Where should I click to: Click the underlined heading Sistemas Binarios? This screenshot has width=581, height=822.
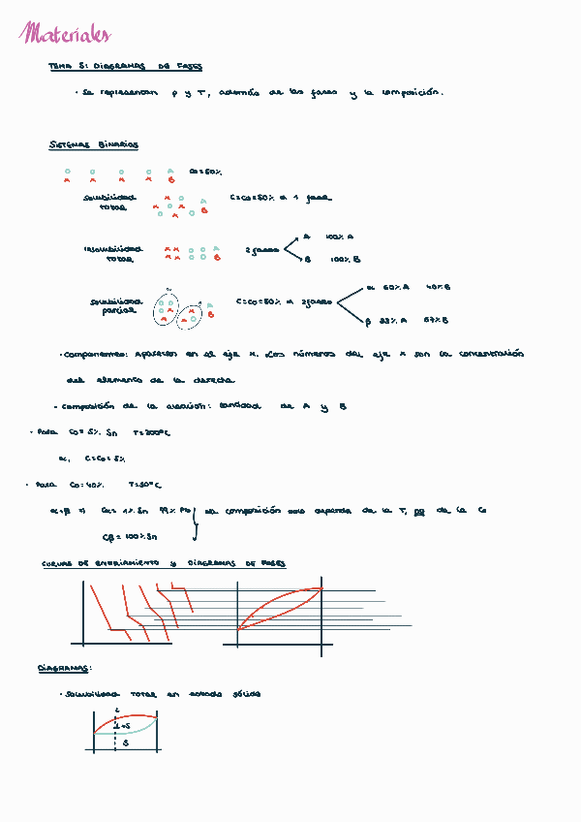pyautogui.click(x=94, y=145)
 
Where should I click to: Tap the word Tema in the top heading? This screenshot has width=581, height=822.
pyautogui.click(x=59, y=68)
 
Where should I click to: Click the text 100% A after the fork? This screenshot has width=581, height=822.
pyautogui.click(x=340, y=236)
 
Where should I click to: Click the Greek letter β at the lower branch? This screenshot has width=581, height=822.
pyautogui.click(x=368, y=320)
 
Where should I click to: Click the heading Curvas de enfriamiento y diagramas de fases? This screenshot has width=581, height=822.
pyautogui.click(x=164, y=563)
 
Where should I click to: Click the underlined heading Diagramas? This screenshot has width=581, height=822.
pyautogui.click(x=65, y=668)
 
